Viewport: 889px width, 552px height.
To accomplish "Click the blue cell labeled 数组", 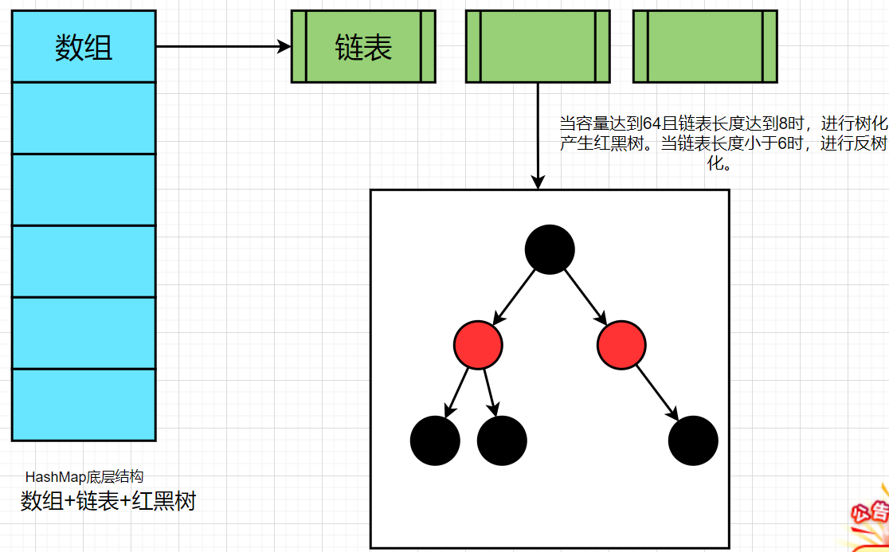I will [x=84, y=47].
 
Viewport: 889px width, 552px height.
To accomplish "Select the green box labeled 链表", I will [x=363, y=47].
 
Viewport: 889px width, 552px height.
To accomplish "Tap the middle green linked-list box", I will [x=538, y=47].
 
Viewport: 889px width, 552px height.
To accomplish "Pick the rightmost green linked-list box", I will [x=705, y=47].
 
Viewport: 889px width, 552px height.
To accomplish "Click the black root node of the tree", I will [x=550, y=249].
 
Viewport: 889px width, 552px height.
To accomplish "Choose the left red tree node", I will [x=478, y=345].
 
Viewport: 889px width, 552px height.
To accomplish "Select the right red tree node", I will [x=621, y=345].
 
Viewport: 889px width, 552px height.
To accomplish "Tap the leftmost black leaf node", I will [x=435, y=440].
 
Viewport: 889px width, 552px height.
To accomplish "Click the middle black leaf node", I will [x=502, y=440].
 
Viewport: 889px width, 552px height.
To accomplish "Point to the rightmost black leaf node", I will [x=693, y=440].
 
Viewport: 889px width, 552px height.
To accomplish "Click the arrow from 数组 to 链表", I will [x=223, y=47].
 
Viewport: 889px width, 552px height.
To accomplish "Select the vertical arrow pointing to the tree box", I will [x=538, y=135].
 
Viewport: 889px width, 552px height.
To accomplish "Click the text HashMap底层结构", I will [x=84, y=477].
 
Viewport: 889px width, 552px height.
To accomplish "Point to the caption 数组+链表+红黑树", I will [x=108, y=502].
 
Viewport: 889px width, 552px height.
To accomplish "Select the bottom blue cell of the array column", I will [x=84, y=405].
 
